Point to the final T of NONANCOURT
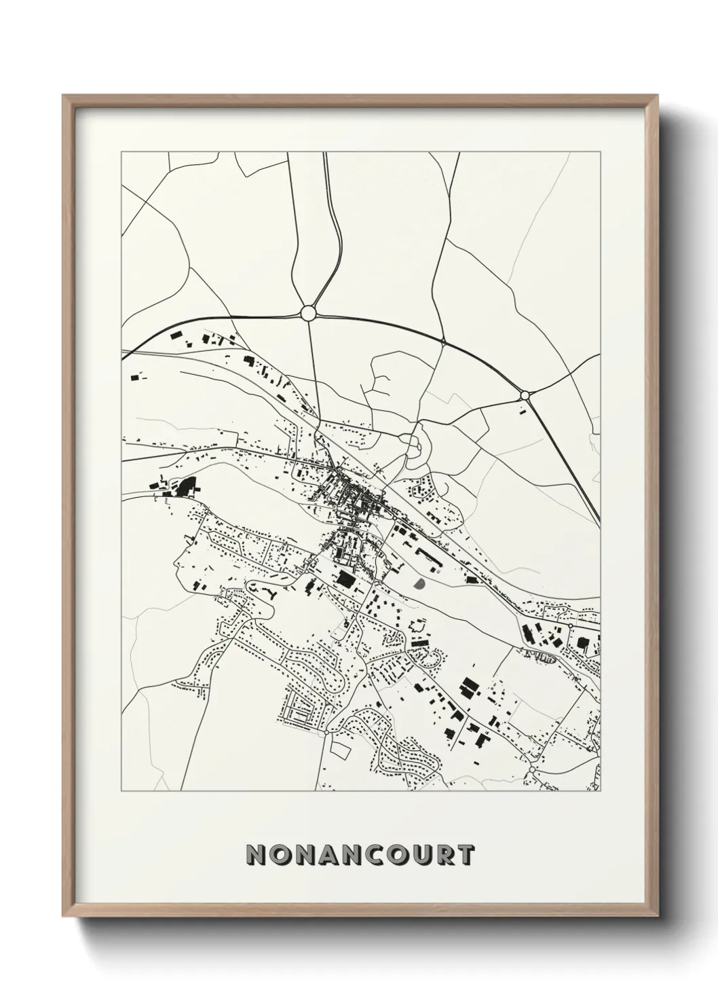point(465,855)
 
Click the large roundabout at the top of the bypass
point(307,312)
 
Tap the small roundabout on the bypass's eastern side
point(524,395)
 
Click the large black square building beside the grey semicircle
point(346,579)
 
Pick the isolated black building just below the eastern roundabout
point(523,410)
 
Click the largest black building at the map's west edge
point(185,486)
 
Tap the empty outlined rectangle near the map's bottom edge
point(341,750)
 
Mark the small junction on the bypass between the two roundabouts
point(442,341)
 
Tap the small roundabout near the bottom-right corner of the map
point(533,769)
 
